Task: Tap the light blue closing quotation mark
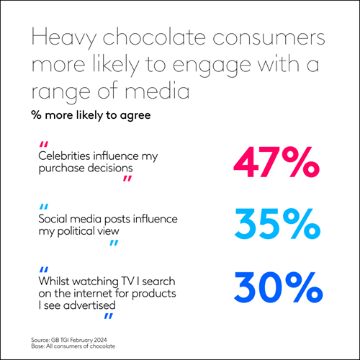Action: pos(113,243)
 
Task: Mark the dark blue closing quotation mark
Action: pos(108,317)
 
